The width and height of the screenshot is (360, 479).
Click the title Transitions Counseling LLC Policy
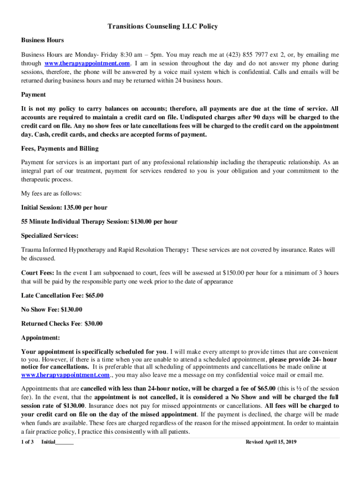(x=163, y=27)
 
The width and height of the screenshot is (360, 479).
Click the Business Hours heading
(x=43, y=40)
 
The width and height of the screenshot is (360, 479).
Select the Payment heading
(x=34, y=94)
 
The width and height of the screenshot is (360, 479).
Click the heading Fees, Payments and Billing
(x=60, y=148)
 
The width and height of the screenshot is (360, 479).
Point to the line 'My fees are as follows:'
(x=51, y=193)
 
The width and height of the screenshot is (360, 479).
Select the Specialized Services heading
(x=50, y=235)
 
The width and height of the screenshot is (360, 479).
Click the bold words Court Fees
(x=38, y=272)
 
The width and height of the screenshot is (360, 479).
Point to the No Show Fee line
(x=52, y=309)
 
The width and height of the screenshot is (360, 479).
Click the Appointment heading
(x=40, y=337)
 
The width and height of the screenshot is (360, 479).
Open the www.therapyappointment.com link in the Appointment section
(x=65, y=375)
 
